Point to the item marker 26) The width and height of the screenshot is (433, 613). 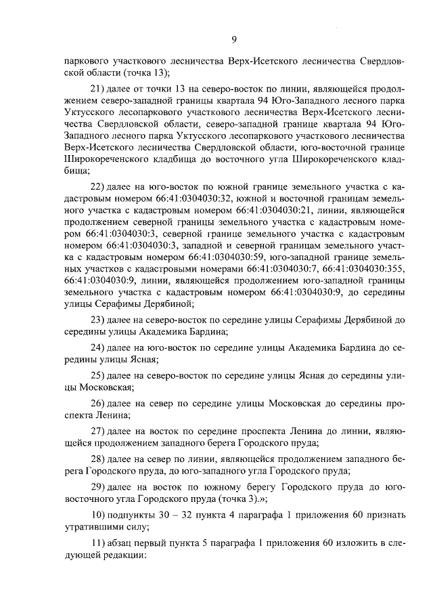click(98, 403)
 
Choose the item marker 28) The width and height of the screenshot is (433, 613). click(98, 459)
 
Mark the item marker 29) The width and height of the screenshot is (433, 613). click(98, 488)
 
